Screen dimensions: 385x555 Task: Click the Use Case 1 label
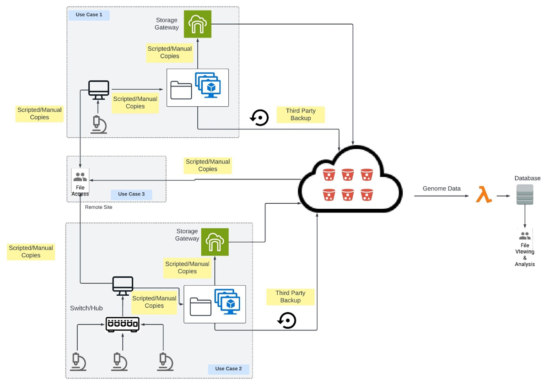(89, 15)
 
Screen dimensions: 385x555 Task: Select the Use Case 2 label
(228, 369)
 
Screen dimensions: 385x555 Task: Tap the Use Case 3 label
(131, 194)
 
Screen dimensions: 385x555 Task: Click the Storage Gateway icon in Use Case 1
(198, 24)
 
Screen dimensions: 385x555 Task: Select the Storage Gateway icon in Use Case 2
(215, 242)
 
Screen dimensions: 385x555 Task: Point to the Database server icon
(524, 195)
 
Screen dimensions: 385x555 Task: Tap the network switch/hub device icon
(122, 324)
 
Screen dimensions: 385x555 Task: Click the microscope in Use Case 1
(98, 125)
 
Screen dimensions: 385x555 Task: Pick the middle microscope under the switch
(119, 361)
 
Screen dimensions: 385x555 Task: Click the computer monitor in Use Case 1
(98, 89)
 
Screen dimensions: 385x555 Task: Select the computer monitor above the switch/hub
(123, 286)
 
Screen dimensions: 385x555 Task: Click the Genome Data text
(442, 189)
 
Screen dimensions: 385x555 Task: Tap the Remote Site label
(98, 207)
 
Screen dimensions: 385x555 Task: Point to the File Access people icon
(80, 177)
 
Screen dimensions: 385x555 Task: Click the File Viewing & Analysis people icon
(525, 236)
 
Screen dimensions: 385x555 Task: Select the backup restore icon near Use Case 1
(259, 118)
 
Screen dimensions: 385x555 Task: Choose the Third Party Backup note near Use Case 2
(290, 297)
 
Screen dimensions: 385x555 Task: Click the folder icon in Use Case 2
(200, 307)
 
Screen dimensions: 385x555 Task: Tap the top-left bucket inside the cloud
(329, 175)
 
